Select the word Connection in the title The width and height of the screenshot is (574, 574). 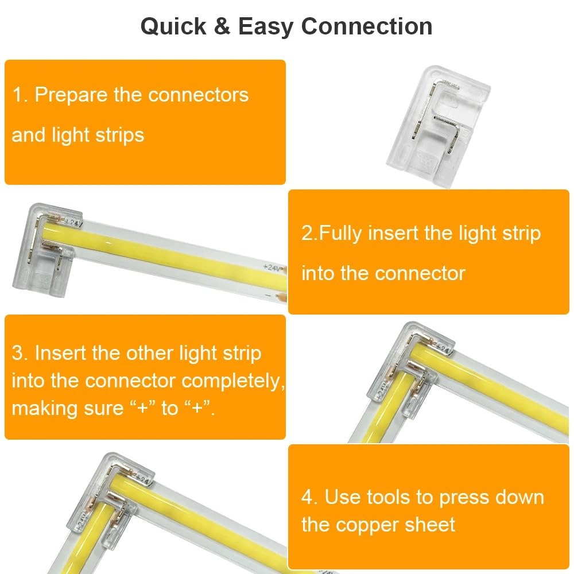click(x=367, y=27)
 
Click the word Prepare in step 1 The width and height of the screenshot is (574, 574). click(x=72, y=95)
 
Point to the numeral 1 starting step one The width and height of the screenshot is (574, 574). click(x=17, y=95)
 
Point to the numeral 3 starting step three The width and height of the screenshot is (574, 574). click(x=17, y=353)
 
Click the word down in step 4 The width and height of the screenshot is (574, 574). click(x=520, y=497)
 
